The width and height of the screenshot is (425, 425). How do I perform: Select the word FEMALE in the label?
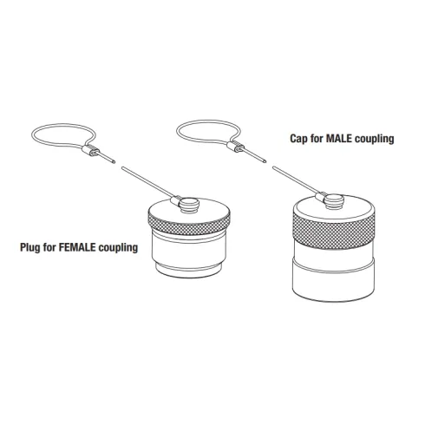(x=77, y=247)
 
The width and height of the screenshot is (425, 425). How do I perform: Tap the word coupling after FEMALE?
(x=118, y=248)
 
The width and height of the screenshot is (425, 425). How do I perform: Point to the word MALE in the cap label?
(x=339, y=139)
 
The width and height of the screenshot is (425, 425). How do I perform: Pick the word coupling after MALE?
(x=375, y=139)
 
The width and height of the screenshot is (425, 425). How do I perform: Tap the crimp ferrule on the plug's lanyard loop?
(x=90, y=150)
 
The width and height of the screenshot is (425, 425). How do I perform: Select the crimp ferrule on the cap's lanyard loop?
(x=235, y=146)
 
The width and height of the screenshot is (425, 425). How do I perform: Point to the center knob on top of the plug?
(x=189, y=205)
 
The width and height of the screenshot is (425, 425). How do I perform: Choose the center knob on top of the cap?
(x=334, y=201)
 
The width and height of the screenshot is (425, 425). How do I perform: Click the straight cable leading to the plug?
(x=147, y=182)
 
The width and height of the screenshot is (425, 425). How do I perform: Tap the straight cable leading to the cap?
(x=296, y=180)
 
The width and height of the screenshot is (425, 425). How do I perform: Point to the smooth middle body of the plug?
(x=189, y=250)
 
